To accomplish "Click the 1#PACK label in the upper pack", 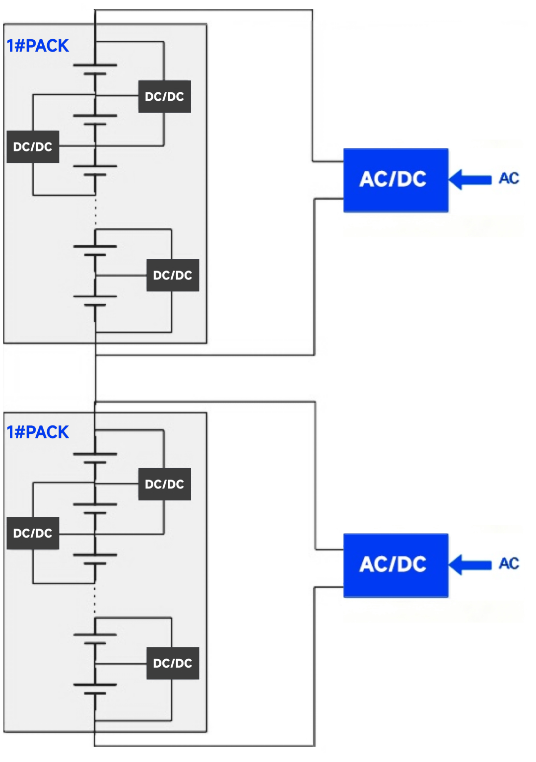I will click(38, 46).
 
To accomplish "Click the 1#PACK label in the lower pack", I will click(38, 432).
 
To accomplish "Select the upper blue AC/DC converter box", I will click(396, 180).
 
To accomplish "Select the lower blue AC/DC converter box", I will click(396, 565).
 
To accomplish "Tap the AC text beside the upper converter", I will click(509, 178).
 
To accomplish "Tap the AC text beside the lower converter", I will click(509, 563).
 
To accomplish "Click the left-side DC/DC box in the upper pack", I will click(33, 147).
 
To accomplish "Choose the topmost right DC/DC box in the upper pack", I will click(164, 96).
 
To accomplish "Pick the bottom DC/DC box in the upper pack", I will click(172, 275).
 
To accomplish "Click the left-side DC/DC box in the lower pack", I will click(33, 533).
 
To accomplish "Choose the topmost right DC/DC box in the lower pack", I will click(164, 484).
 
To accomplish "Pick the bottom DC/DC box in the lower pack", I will click(172, 663).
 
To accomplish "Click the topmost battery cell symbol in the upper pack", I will click(95, 69).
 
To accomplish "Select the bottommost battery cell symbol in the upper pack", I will click(95, 301).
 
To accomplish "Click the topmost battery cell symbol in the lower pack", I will click(95, 458).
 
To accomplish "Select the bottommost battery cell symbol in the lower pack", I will click(95, 689).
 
